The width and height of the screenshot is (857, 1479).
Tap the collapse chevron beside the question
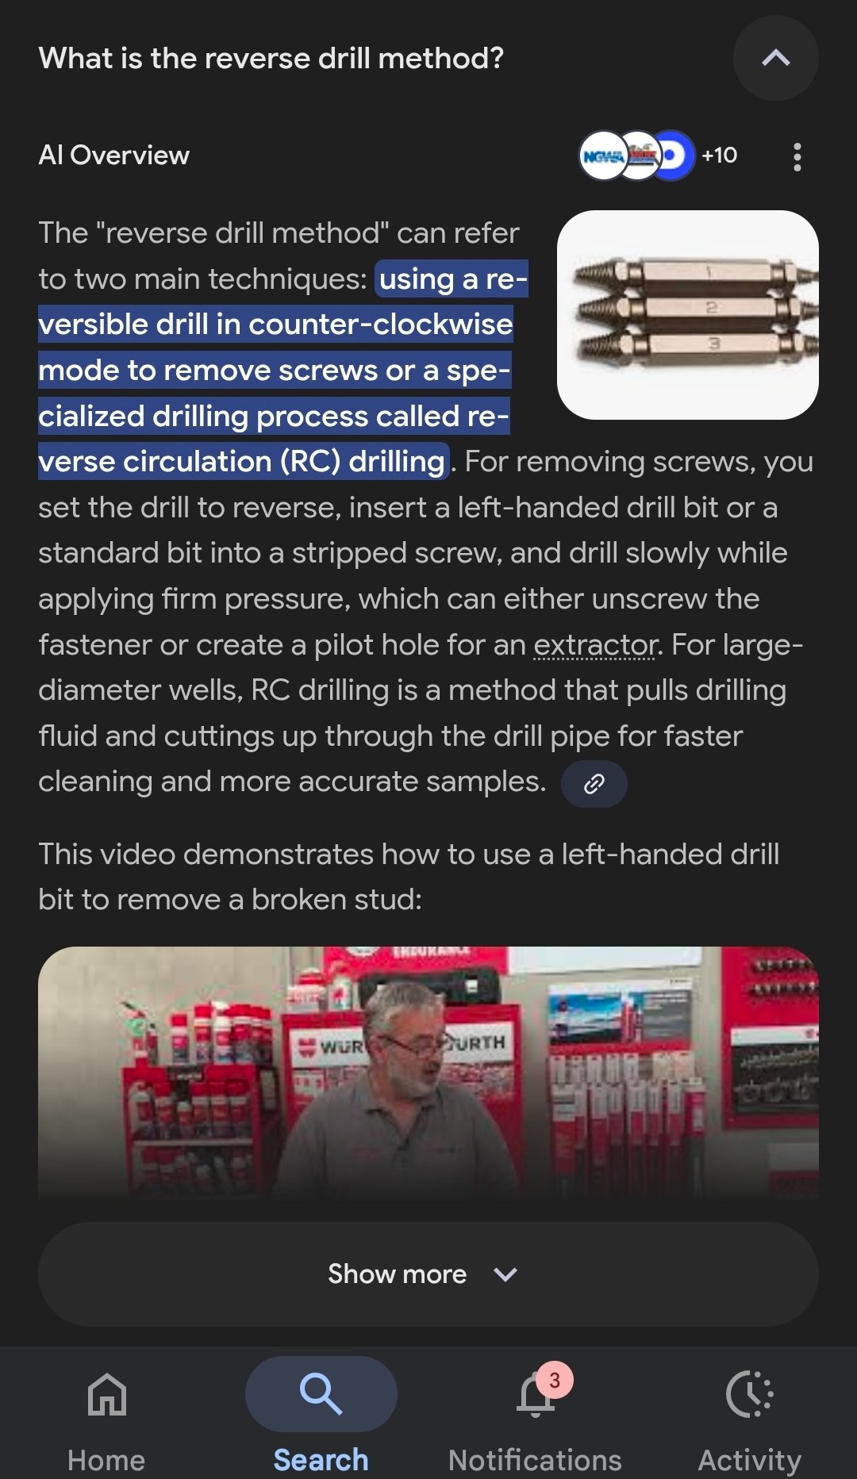pos(775,58)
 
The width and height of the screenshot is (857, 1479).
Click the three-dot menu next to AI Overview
pos(797,156)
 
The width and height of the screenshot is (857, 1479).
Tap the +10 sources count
pos(719,156)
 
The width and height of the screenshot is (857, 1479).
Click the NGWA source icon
pos(603,156)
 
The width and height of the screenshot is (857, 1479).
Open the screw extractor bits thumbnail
pos(688,314)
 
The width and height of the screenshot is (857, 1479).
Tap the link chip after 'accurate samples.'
pos(594,784)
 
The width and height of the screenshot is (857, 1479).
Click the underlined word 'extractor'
pos(595,645)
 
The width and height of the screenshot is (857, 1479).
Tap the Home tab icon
pos(107,1394)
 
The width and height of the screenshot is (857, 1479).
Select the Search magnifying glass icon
pos(321,1394)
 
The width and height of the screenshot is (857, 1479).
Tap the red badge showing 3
pos(555,1381)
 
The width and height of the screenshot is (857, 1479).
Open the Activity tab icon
pos(749,1394)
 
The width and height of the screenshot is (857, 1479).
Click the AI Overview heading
pos(114,156)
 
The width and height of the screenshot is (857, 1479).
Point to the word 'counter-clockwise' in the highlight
pos(381,325)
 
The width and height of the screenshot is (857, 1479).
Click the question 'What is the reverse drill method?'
pos(271,58)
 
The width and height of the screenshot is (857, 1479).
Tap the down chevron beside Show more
pos(505,1274)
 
